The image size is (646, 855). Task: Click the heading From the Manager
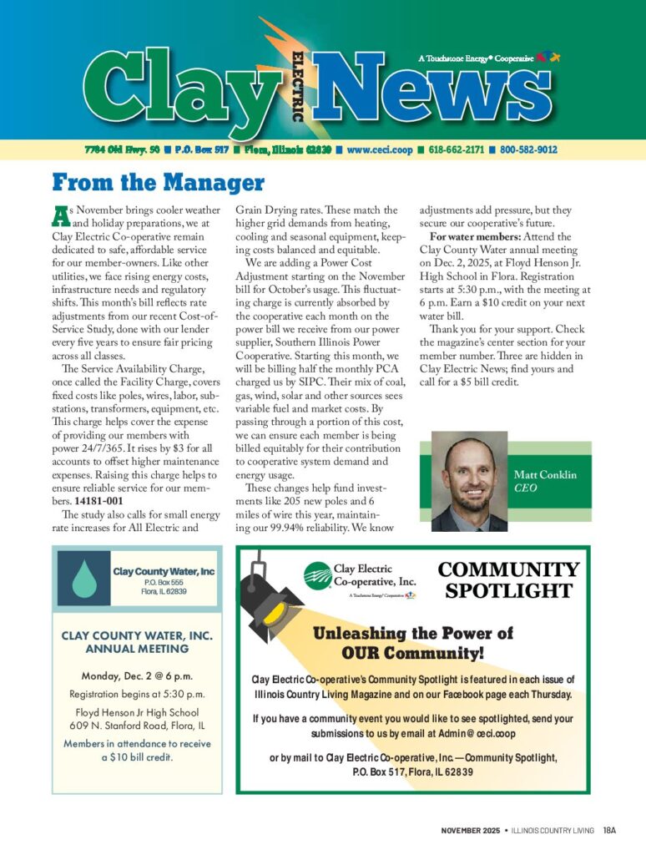[x=158, y=182]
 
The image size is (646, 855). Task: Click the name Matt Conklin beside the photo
[x=544, y=475]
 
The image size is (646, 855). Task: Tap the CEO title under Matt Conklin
[x=525, y=488]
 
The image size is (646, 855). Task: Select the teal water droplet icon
[x=84, y=577]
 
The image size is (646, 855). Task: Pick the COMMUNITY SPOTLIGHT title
[x=508, y=580]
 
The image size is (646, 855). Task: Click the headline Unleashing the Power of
[x=413, y=634]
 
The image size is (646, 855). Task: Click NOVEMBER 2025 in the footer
[x=470, y=830]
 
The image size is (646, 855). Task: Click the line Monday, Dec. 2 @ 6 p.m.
[x=137, y=675]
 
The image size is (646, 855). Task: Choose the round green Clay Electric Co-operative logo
[x=317, y=574]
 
